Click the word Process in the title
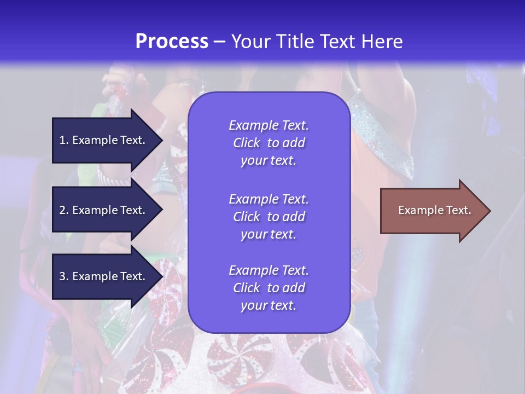coord(172,42)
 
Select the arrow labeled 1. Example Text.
coord(104,140)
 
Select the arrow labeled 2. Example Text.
coord(104,210)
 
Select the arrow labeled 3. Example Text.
coord(104,276)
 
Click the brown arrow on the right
coord(432,211)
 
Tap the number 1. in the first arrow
coord(64,140)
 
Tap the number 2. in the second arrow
coord(64,210)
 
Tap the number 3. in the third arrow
coord(64,276)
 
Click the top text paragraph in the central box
coord(269,143)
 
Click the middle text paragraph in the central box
coord(269,217)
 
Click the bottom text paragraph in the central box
coord(269,288)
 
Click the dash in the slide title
coord(219,42)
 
